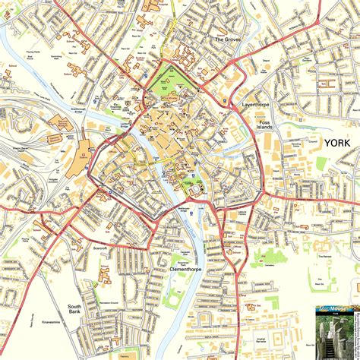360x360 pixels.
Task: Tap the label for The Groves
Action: pyautogui.click(x=228, y=39)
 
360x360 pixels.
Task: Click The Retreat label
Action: pyautogui.click(x=326, y=257)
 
